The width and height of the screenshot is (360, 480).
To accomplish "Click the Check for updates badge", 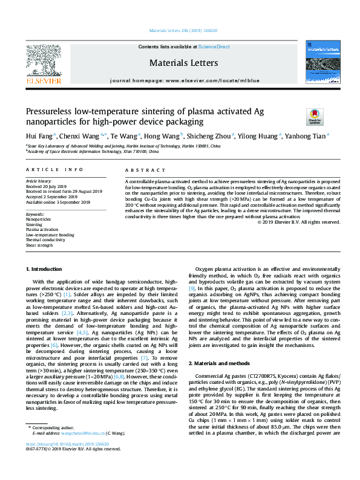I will (315, 116).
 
